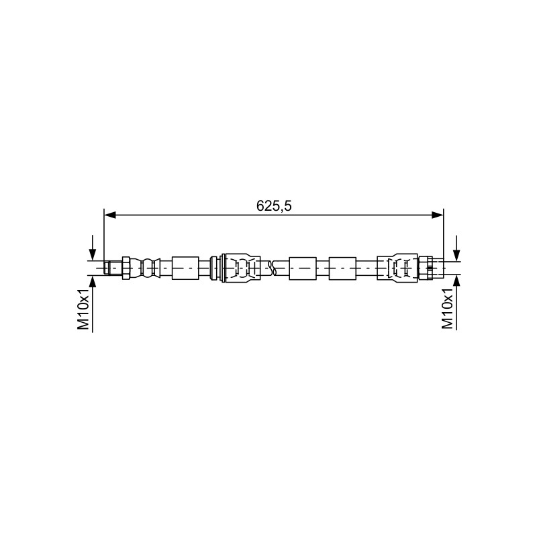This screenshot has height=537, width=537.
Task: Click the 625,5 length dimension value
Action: tap(274, 206)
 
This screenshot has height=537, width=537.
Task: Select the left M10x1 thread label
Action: tap(83, 309)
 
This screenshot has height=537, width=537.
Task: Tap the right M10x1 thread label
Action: tap(447, 308)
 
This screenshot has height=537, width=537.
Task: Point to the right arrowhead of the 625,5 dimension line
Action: tap(438, 215)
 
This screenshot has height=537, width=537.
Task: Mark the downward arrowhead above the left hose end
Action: tap(93, 254)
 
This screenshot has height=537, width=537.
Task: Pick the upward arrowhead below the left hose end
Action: tap(93, 281)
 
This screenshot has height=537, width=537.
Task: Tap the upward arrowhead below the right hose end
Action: tap(456, 281)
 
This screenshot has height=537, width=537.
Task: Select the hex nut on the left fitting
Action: tap(126, 267)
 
